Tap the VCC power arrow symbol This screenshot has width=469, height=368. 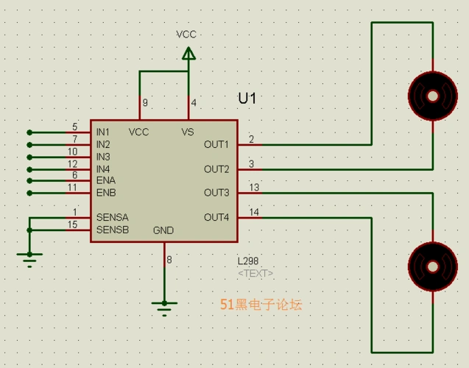(x=188, y=53)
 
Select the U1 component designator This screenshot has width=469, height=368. (x=247, y=99)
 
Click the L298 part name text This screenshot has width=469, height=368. (x=247, y=261)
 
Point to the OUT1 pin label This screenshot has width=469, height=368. (x=216, y=144)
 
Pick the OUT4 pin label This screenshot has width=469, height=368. (x=216, y=217)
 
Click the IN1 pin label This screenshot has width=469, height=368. (x=103, y=132)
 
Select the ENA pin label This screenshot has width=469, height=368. (x=105, y=180)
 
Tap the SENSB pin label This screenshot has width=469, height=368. (x=112, y=230)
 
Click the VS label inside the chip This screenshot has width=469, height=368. (x=188, y=132)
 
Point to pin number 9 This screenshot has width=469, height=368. (x=145, y=103)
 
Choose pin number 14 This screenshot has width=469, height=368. (x=254, y=212)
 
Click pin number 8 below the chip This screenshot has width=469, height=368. (x=169, y=260)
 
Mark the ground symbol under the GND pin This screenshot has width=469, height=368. (x=164, y=304)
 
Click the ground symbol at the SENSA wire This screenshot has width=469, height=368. (x=29, y=256)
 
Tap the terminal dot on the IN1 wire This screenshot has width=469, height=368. (x=29, y=132)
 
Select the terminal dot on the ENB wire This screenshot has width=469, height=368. (x=29, y=193)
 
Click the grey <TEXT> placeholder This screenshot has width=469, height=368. (x=255, y=273)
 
